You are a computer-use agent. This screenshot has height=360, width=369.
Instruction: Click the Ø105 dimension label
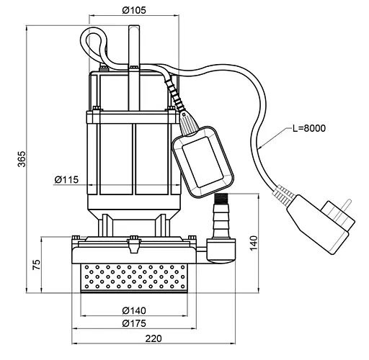(x=134, y=10)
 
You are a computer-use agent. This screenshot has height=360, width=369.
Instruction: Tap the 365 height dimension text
(x=22, y=158)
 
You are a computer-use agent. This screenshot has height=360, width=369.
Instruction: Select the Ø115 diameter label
(x=66, y=179)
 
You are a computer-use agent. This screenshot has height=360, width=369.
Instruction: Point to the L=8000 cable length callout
(x=309, y=128)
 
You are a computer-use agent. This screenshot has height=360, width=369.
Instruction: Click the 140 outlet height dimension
(x=254, y=243)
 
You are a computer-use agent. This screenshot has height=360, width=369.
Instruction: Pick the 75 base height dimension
(x=37, y=264)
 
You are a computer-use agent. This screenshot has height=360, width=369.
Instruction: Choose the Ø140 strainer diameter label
(x=134, y=310)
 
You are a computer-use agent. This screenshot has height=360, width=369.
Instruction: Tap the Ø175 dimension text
(x=134, y=323)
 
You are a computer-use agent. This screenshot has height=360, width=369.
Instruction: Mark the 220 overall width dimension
(x=154, y=338)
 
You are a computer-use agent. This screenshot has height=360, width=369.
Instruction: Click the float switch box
(x=203, y=162)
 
